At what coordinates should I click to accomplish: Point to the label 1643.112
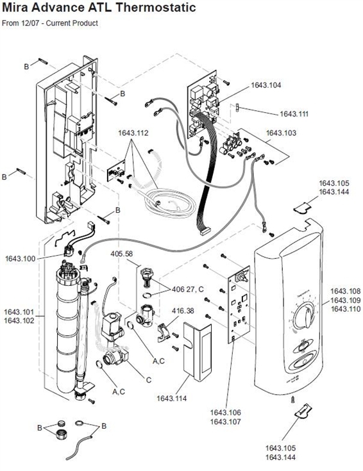coord(133,133)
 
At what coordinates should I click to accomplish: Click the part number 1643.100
coord(21,258)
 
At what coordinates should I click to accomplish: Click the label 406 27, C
coord(188,290)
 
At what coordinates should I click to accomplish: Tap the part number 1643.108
coord(346,291)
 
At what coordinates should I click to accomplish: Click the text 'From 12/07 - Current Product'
coord(50,24)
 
